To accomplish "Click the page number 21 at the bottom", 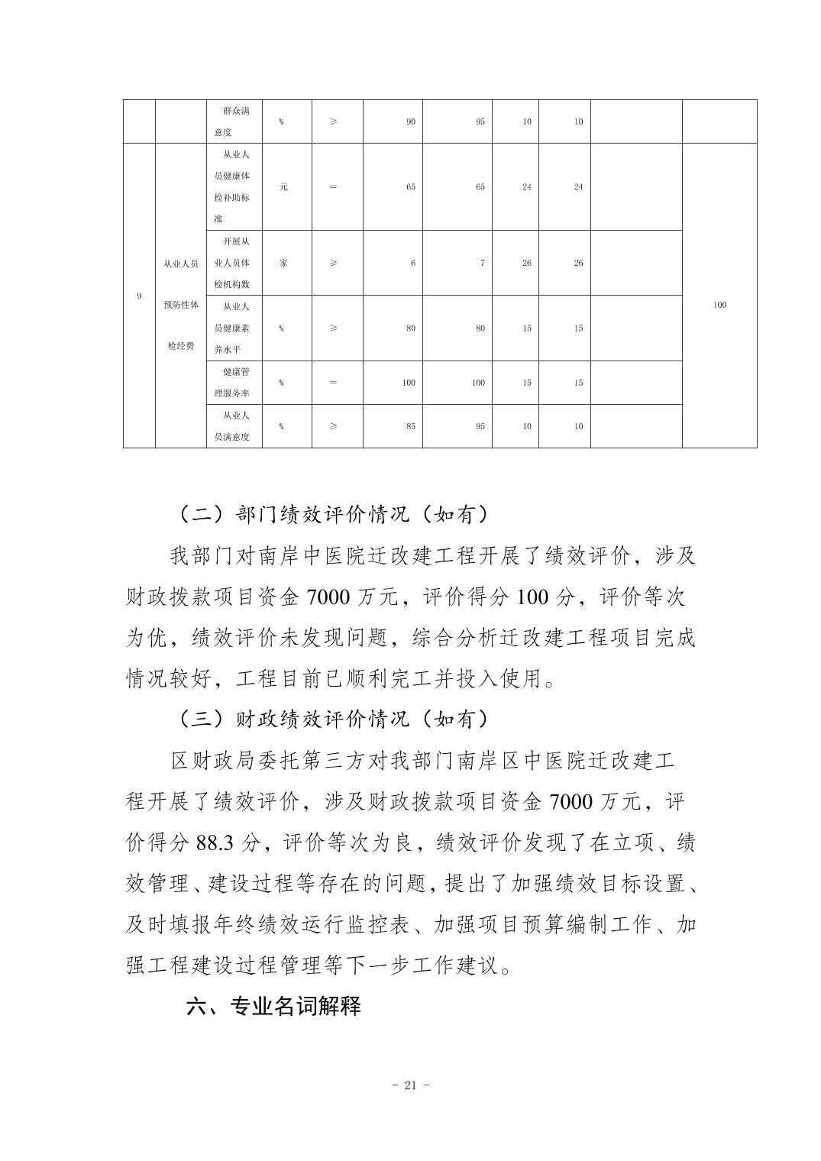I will [x=409, y=1085].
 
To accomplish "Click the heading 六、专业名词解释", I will [x=273, y=1006].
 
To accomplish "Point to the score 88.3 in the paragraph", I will [x=217, y=842].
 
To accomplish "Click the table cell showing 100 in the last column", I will [x=719, y=305].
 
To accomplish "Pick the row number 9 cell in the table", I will [x=139, y=296].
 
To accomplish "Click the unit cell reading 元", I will [x=283, y=187].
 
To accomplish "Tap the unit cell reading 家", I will [x=283, y=263].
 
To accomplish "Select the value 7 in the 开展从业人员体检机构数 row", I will [x=482, y=263].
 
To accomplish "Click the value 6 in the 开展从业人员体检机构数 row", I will [x=413, y=263].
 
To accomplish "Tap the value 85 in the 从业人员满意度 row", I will [x=411, y=426].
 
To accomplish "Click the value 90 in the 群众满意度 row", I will [x=411, y=121].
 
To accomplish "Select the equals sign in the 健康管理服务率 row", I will [x=333, y=383].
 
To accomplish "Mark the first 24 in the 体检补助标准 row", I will [x=527, y=187].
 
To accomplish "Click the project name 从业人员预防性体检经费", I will [x=181, y=305].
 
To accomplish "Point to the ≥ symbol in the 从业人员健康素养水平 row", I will [x=333, y=328].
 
